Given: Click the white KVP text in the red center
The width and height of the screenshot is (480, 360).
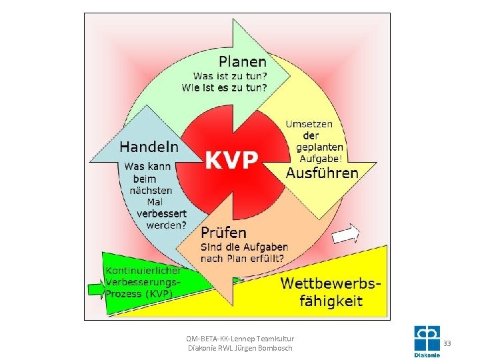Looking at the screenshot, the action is point(231,159).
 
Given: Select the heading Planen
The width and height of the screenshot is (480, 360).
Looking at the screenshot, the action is point(243,61).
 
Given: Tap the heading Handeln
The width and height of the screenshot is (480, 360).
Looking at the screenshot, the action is point(149,147).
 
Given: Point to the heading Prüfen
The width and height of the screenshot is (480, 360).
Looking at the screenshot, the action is point(223,233).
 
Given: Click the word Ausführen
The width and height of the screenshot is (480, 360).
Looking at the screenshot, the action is point(322,173).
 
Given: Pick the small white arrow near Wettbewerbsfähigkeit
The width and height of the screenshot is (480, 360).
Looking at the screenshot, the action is point(345,234).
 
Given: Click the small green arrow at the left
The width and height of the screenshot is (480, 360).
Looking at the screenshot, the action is point(97,289).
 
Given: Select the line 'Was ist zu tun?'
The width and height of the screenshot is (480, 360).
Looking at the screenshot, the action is point(230,76).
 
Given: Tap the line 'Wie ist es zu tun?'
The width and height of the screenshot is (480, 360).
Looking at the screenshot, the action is point(225,87).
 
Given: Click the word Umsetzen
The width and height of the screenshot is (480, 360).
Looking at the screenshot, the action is point(309,124).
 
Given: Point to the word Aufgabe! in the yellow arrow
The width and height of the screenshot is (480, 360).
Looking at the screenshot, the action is point(321,159).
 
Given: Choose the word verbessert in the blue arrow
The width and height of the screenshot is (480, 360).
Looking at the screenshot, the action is point(161,213).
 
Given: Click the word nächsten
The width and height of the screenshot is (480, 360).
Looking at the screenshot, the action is point(151,191).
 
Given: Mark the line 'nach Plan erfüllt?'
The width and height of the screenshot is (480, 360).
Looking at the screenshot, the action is point(242,259).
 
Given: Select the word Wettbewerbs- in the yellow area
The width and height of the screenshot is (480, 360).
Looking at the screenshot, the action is point(331,283).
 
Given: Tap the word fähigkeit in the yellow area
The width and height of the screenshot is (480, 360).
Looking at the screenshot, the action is point(331,300).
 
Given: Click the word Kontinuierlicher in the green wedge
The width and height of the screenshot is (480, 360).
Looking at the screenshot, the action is point(143,271).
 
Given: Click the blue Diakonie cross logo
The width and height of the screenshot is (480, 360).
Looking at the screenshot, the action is point(427,339).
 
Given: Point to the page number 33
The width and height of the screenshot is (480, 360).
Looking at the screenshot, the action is point(447,343).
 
